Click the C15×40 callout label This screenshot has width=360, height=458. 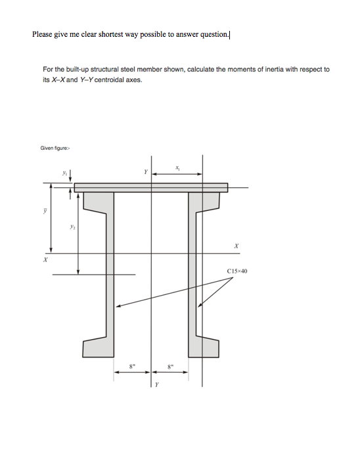(x=237, y=270)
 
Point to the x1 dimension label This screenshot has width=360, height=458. (x=177, y=168)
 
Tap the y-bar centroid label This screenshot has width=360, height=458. (x=45, y=211)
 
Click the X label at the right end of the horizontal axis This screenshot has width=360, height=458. (x=235, y=245)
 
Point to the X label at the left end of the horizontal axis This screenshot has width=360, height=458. (x=45, y=260)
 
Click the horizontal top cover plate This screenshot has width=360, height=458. (x=151, y=188)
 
